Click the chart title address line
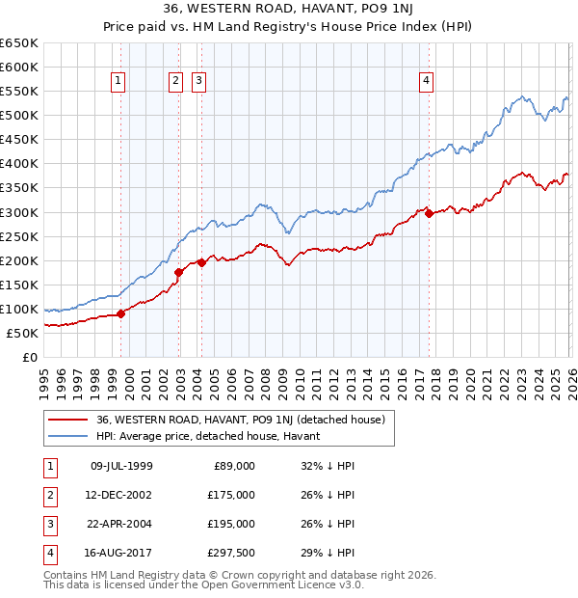coord(288,11)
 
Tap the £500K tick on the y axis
coord(19,115)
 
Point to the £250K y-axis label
coord(19,236)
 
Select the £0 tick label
coord(28,357)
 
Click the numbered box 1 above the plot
coord(118,82)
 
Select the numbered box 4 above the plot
coord(425,82)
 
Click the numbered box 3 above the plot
coord(198,82)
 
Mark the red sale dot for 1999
coord(121,313)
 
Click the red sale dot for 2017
coord(429,213)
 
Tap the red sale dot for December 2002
coord(179,272)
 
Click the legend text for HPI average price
coord(214,436)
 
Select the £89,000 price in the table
coord(233,466)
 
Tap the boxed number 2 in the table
coord(49,495)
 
